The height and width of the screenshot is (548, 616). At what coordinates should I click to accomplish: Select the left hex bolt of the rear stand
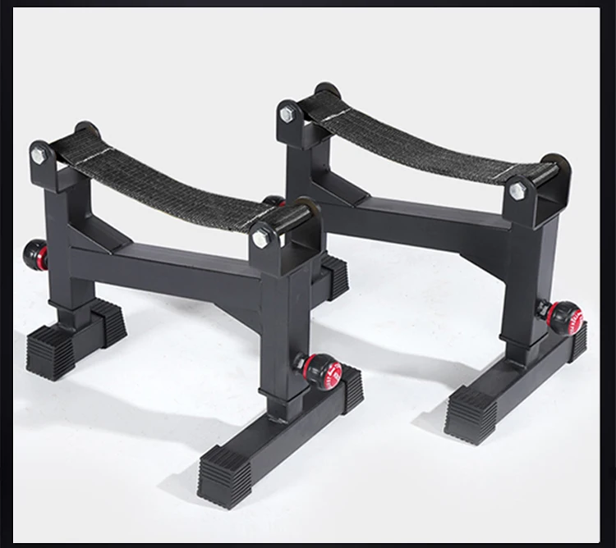pyautogui.click(x=287, y=114)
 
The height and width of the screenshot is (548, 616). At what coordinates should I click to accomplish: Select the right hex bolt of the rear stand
pyautogui.click(x=517, y=190)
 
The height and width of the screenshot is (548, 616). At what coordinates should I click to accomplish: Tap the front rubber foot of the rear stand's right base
pyautogui.click(x=471, y=415)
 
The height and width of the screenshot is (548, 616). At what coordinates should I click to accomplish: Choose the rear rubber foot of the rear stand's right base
pyautogui.click(x=578, y=340)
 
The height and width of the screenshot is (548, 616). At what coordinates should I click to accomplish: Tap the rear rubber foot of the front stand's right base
pyautogui.click(x=351, y=386)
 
